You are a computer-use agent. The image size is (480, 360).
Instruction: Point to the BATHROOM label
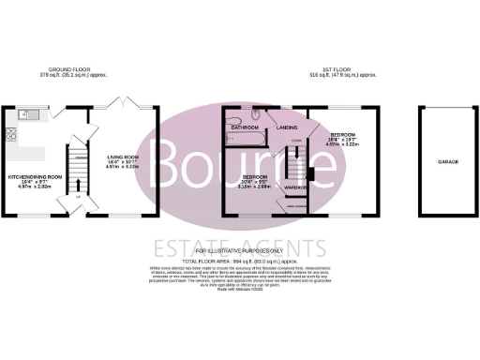pos(245,127)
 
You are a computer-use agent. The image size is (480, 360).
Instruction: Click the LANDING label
pos(288,127)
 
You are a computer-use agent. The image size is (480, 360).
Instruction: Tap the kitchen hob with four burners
pos(10,133)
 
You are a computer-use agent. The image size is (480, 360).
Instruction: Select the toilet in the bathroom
pos(256,115)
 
